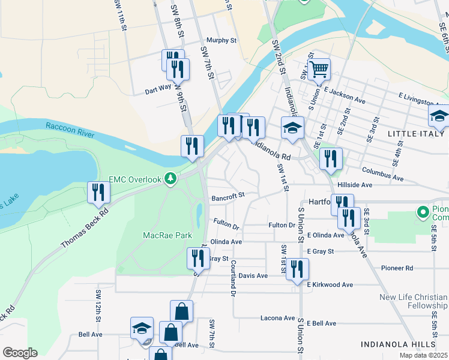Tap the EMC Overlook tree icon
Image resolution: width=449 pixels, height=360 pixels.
click(171, 179)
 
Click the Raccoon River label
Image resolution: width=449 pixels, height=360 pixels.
click(70, 131)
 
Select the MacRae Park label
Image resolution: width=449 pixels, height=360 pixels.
click(167, 236)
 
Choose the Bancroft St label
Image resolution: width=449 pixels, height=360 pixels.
click(228, 195)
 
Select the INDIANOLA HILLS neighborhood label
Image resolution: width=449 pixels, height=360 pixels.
click(398, 344)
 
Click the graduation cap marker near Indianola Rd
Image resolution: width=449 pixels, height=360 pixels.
click(292, 128)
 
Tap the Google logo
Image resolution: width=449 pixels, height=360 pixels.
click(20, 353)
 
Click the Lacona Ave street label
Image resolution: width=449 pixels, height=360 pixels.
click(277, 318)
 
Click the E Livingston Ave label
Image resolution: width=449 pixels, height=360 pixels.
click(423, 95)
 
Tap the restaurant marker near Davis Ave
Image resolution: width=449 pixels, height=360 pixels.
click(297, 269)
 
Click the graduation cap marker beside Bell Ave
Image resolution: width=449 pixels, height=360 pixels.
click(142, 328)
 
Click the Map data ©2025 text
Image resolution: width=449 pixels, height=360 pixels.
click(424, 355)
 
